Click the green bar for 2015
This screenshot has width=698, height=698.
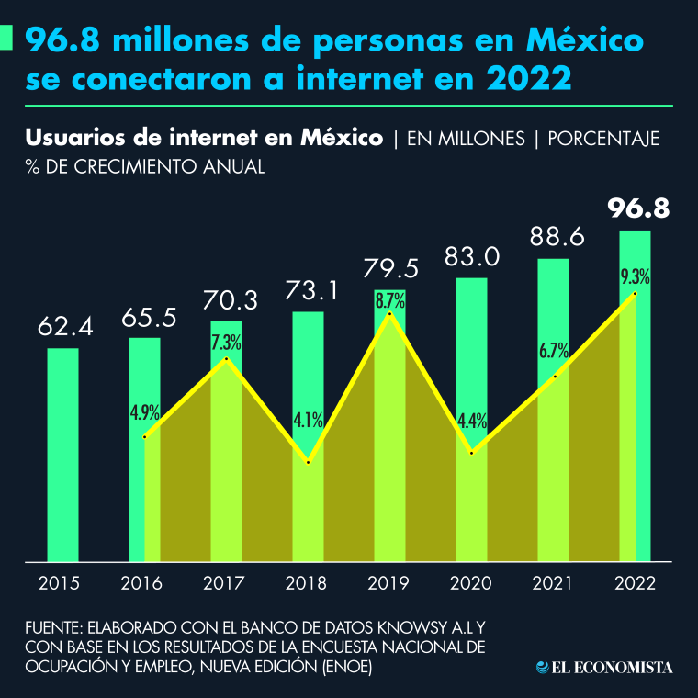click(62, 454)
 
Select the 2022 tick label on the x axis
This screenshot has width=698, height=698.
click(635, 583)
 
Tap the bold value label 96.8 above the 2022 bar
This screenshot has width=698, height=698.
click(638, 208)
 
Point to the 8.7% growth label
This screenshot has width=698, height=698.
click(390, 299)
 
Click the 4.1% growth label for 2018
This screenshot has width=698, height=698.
click(309, 421)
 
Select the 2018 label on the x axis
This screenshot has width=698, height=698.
click(308, 583)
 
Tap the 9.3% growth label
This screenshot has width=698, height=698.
click(636, 276)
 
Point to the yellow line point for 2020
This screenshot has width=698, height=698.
click(472, 453)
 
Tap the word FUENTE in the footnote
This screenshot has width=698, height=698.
click(52, 630)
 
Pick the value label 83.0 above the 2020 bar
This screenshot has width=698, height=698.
click(472, 256)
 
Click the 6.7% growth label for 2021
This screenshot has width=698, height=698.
click(554, 350)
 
